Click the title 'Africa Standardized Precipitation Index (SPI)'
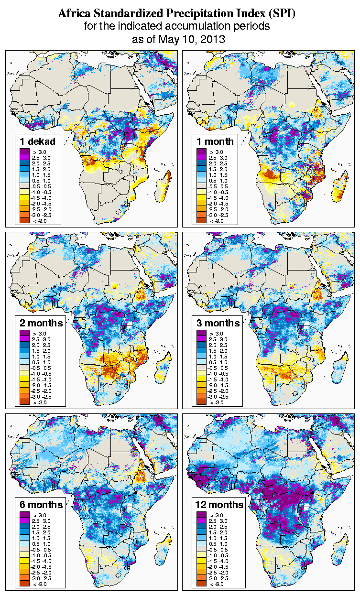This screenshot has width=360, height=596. tap(177, 14)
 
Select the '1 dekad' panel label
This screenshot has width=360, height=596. tap(38, 141)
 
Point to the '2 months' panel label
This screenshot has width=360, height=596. tap(41, 323)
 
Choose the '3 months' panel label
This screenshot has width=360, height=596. tap(218, 323)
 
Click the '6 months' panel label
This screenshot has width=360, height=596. tap(41, 505)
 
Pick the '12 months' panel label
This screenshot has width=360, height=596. tap(219, 505)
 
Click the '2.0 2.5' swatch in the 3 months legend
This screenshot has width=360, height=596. tap(201, 345)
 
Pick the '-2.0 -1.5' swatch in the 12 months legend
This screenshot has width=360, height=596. tap(201, 567)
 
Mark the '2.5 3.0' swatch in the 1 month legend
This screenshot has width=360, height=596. tap(201, 157)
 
